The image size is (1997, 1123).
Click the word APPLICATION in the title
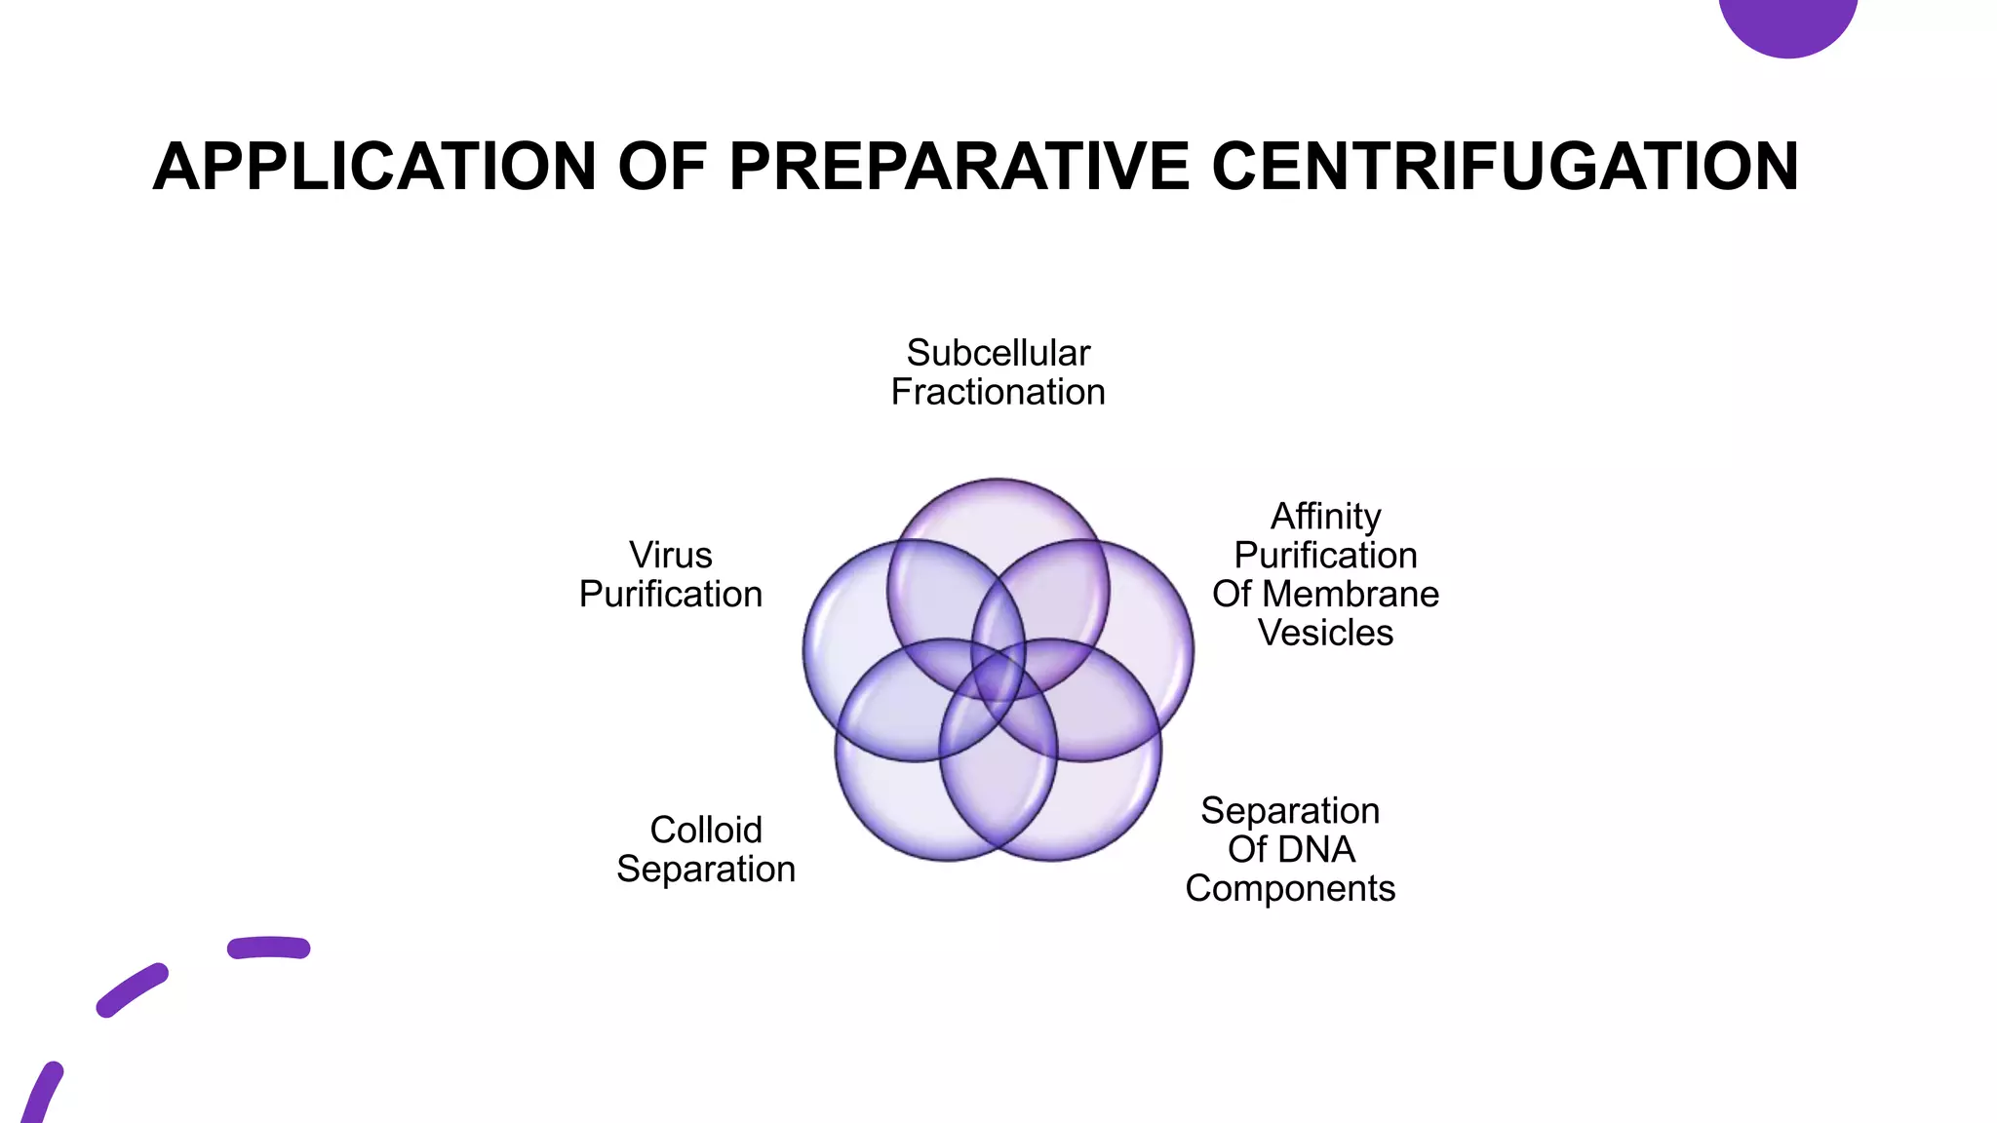(x=374, y=167)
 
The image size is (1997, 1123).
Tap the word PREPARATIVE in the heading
(x=959, y=167)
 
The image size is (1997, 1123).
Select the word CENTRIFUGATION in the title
(x=1505, y=167)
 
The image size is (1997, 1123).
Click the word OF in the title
(x=662, y=167)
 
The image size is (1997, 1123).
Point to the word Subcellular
(x=998, y=353)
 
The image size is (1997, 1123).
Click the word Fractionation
(x=998, y=392)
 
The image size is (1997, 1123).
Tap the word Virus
(x=671, y=556)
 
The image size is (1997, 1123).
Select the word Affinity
(x=1325, y=517)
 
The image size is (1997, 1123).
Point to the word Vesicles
(x=1325, y=634)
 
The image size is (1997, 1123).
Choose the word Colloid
(x=706, y=831)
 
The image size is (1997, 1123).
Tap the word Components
(x=1290, y=889)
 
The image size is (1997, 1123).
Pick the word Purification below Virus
(x=671, y=595)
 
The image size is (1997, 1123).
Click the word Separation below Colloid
(x=706, y=870)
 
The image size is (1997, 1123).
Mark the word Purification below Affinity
(x=1325, y=556)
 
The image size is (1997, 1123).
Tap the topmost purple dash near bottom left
(x=268, y=948)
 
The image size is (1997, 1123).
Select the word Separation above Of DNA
(x=1290, y=811)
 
